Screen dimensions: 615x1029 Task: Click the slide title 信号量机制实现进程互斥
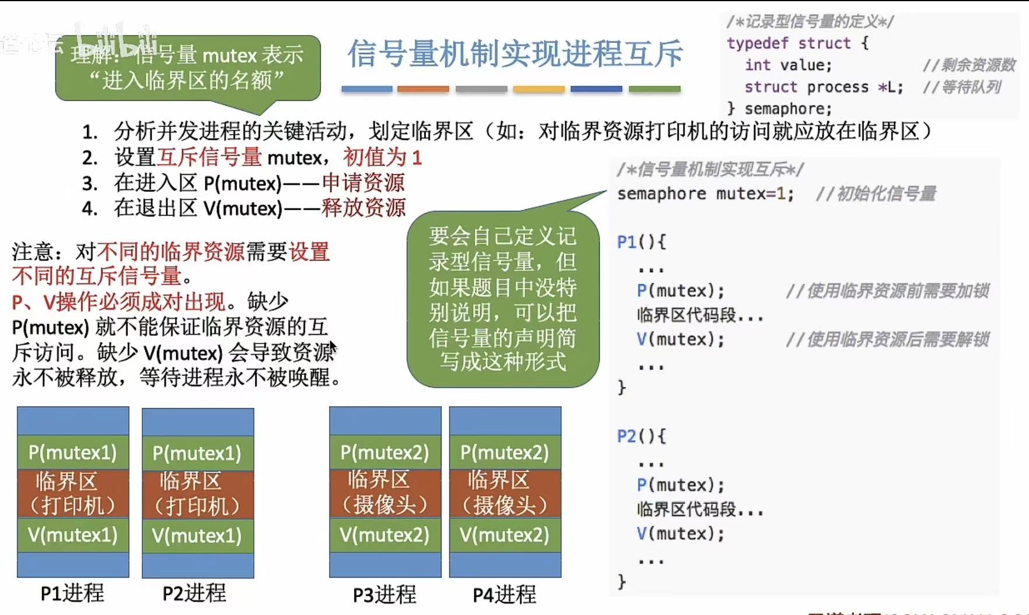pyautogui.click(x=515, y=54)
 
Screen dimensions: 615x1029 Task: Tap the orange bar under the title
pyautogui.click(x=423, y=89)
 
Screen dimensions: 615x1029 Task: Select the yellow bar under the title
pyautogui.click(x=538, y=89)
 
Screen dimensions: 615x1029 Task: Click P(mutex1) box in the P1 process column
pyautogui.click(x=73, y=452)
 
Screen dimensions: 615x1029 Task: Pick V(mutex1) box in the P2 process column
pyautogui.click(x=197, y=536)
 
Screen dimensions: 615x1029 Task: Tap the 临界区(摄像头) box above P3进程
pyautogui.click(x=385, y=493)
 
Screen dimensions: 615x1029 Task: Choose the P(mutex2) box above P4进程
pyautogui.click(x=505, y=452)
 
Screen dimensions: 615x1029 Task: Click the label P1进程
pyautogui.click(x=72, y=593)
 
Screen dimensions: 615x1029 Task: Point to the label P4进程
pyautogui.click(x=505, y=595)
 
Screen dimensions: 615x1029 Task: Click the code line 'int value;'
pyautogui.click(x=788, y=65)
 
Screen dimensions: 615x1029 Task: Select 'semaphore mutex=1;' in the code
pyautogui.click(x=705, y=194)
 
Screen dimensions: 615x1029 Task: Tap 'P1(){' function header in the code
pyautogui.click(x=641, y=242)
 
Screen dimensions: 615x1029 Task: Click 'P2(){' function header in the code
pyautogui.click(x=641, y=436)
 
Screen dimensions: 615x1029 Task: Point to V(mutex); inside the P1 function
pyautogui.click(x=680, y=339)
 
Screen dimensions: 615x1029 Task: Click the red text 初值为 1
pyautogui.click(x=382, y=157)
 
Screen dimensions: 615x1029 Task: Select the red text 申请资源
pyautogui.click(x=363, y=183)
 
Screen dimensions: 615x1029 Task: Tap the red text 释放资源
pyautogui.click(x=363, y=208)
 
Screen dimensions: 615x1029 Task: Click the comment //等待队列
pyautogui.click(x=962, y=87)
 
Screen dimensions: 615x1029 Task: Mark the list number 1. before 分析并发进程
pyautogui.click(x=90, y=132)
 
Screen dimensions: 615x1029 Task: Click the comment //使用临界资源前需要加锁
pyautogui.click(x=887, y=290)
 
